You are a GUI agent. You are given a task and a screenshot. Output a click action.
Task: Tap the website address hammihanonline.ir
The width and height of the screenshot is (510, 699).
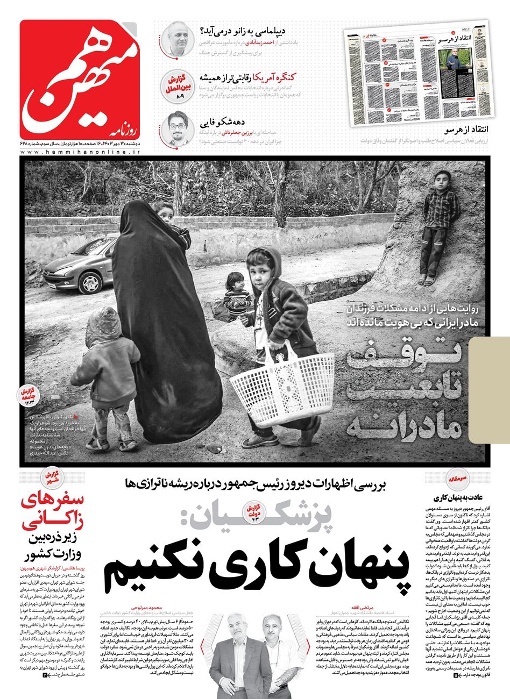pyautogui.click(x=81, y=153)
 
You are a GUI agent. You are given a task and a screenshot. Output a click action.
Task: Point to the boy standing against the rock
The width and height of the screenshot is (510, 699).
pyautogui.click(x=438, y=226)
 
